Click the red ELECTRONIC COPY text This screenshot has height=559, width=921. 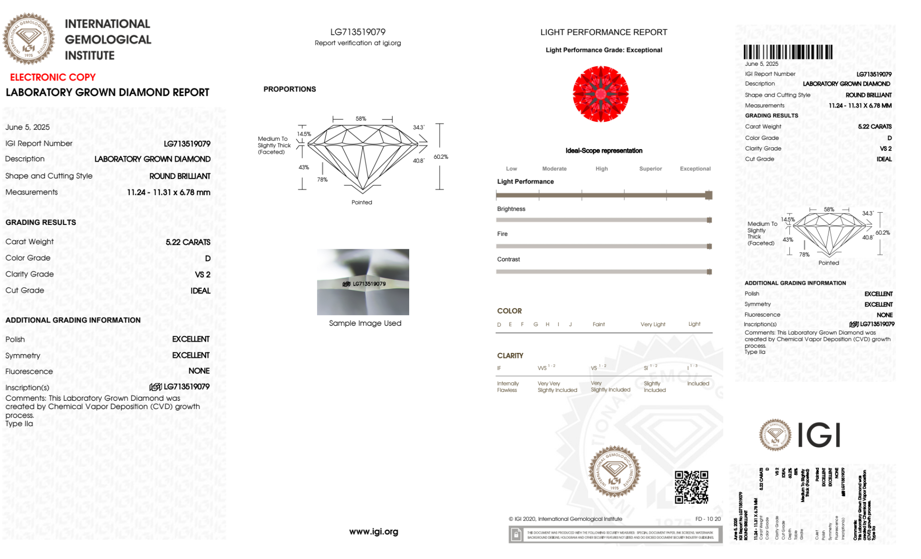coord(53,77)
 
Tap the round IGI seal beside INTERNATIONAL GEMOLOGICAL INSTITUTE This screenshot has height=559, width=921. coord(29,39)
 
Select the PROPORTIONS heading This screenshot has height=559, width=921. coord(290,89)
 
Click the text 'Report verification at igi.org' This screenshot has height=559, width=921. coord(358,43)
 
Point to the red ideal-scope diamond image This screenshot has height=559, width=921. coord(601,94)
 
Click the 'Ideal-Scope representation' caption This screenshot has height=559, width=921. coord(603,151)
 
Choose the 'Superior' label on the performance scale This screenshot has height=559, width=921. coord(650,169)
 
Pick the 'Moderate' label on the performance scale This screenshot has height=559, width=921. coord(554,169)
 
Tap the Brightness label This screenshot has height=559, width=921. coord(511,209)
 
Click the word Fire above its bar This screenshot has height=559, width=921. coord(502,234)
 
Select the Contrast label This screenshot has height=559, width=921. coord(508,259)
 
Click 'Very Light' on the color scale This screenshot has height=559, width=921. coord(653,324)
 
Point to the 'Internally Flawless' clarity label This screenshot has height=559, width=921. coord(508,387)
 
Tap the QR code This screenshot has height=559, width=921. coord(691,487)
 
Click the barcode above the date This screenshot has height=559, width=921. coord(788,52)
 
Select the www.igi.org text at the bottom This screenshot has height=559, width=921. coord(373,532)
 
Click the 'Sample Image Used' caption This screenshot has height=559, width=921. coord(365,323)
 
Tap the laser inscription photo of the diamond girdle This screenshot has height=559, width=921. coord(363,282)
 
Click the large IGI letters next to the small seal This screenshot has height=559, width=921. coord(819,435)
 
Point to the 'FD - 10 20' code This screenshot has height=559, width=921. coord(708,519)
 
